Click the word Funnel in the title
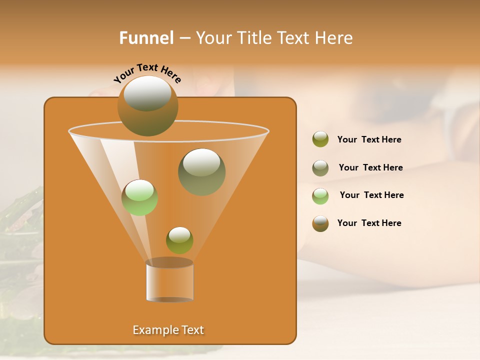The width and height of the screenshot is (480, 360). click(146, 38)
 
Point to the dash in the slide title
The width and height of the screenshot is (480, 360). click(184, 38)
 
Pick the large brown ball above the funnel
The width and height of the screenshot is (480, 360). click(148, 106)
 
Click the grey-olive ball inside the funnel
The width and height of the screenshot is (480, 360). click(202, 172)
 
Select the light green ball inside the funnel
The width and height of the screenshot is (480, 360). click(139, 197)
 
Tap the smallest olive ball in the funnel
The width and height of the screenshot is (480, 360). click(179, 240)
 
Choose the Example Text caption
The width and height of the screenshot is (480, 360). click(168, 330)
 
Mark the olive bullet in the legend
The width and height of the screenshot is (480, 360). click(320, 139)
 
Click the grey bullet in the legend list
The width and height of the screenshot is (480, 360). click(320, 168)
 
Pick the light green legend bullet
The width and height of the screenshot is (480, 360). click(320, 196)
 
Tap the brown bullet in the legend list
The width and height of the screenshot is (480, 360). click(320, 223)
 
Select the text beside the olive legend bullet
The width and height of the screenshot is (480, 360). click(369, 140)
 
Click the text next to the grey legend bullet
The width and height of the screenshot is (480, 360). click(370, 167)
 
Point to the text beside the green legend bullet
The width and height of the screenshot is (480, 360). click(371, 195)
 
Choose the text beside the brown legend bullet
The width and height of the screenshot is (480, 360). click(369, 223)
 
